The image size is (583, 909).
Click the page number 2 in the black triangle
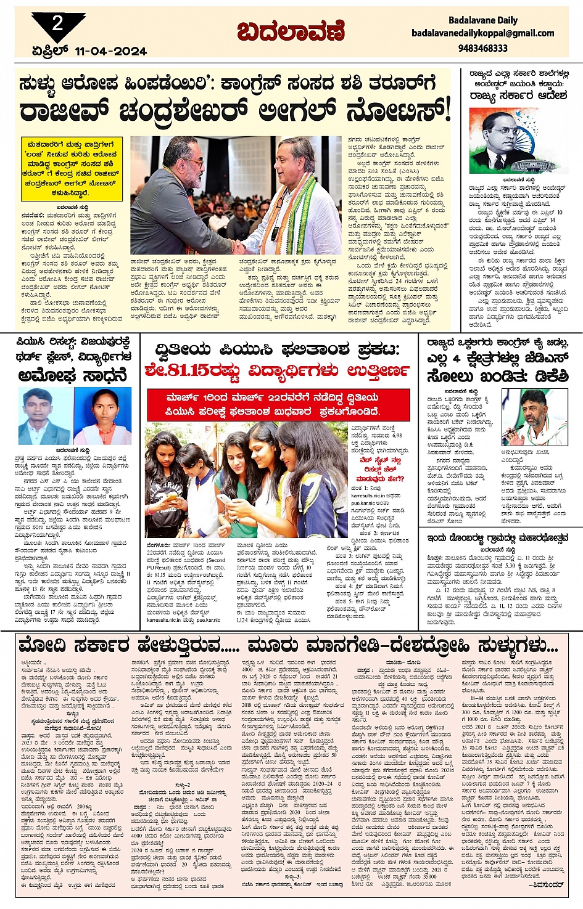click(x=57, y=24)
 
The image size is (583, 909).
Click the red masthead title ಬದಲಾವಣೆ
click(x=291, y=31)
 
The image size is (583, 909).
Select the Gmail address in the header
click(x=482, y=33)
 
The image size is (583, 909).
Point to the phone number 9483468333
click(x=483, y=47)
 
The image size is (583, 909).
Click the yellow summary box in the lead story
click(x=71, y=169)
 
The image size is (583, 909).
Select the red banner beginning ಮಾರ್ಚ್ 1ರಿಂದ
click(x=278, y=404)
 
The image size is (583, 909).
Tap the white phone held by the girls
click(x=223, y=499)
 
